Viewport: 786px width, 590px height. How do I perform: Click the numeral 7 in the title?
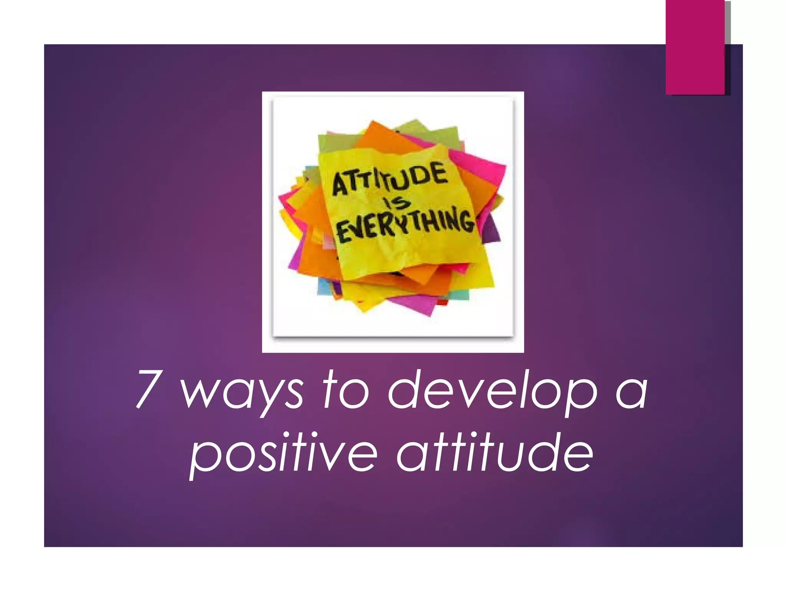pyautogui.click(x=147, y=389)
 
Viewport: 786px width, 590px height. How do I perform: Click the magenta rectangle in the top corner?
pyautogui.click(x=695, y=47)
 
